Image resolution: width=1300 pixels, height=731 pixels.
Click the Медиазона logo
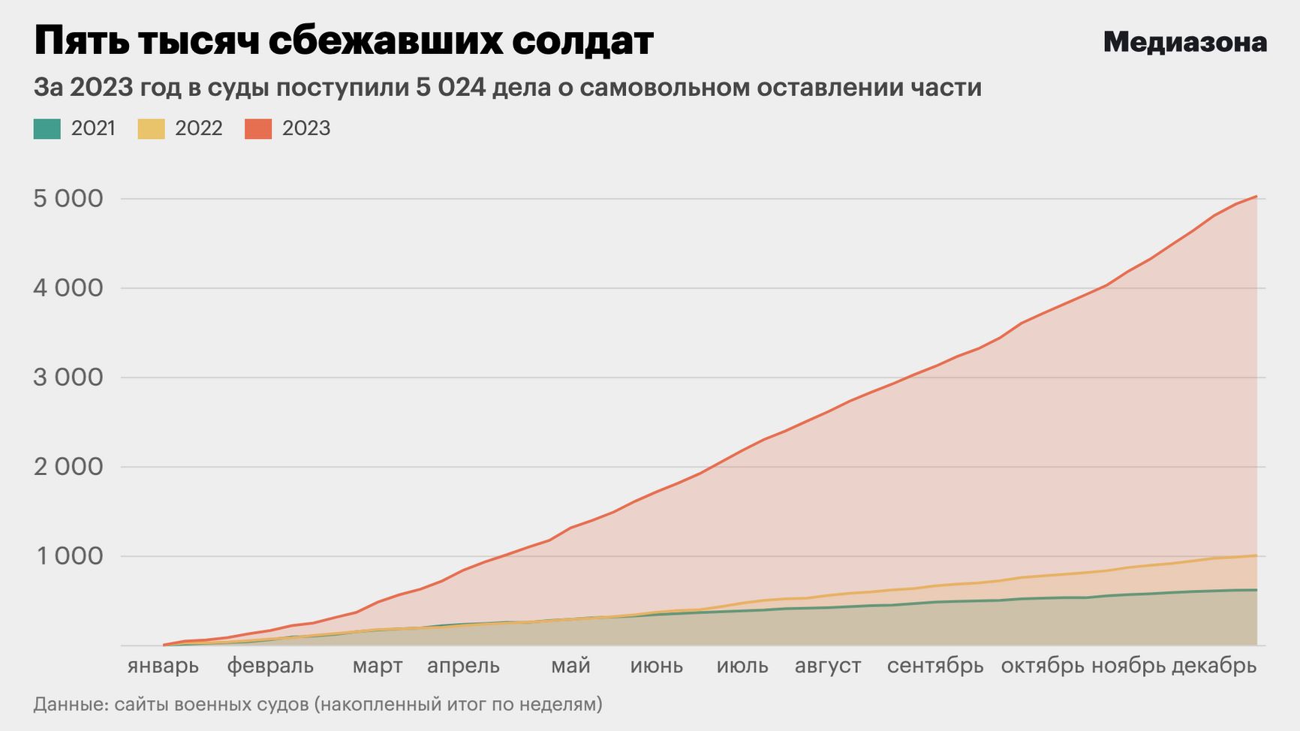coord(1184,42)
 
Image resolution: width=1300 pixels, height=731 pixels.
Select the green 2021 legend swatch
coord(47,129)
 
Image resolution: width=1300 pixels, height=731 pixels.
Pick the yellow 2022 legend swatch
coord(151,129)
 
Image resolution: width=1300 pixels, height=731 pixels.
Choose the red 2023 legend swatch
coord(258,129)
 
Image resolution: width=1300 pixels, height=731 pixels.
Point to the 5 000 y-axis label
coord(68,199)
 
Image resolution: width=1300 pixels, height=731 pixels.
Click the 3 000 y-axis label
coord(68,378)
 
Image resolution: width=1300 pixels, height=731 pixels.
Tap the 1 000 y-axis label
coord(68,556)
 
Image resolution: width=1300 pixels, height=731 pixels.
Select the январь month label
coord(163,666)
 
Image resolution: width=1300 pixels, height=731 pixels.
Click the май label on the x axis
coord(570,666)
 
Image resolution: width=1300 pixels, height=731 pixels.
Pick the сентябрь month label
coord(935,666)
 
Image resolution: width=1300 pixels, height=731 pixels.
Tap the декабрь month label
coord(1214,666)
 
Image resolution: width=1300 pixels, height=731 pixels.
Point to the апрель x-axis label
coord(463,666)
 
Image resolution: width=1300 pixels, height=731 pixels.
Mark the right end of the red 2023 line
coord(1256,196)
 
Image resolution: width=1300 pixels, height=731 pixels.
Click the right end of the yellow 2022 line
coord(1256,555)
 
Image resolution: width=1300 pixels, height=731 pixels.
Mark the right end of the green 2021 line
coord(1256,590)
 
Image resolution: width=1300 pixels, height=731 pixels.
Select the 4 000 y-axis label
coord(68,288)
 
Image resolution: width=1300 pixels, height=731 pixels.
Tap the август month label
coord(828,666)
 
